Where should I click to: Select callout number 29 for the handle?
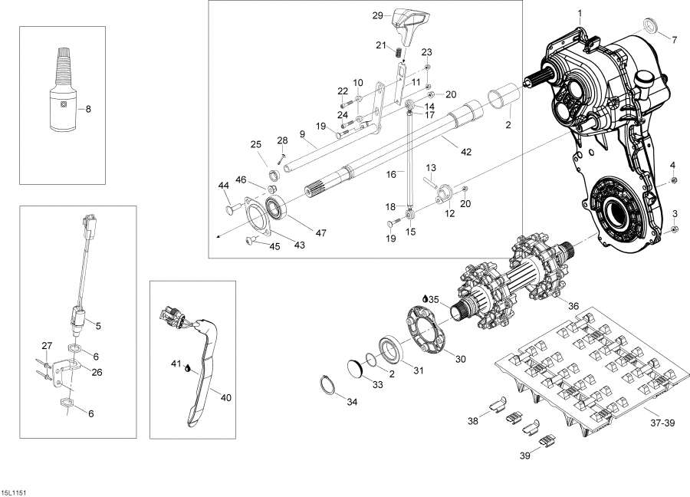point(377,15)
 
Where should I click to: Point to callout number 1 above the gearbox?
point(580,14)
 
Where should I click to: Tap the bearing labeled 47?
point(277,209)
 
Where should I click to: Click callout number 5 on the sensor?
point(97,324)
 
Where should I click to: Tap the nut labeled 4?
point(672,179)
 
